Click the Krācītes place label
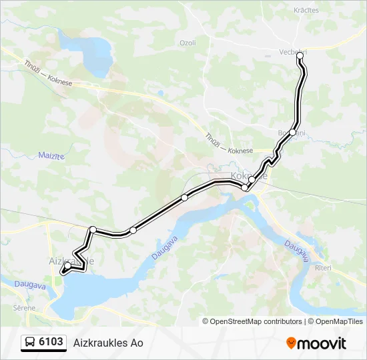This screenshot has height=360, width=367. [x=306, y=10]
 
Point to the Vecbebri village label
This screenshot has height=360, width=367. [x=292, y=51]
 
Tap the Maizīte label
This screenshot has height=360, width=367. [x=32, y=157]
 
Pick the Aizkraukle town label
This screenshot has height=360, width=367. [x=71, y=261]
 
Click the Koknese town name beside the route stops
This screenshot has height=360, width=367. [x=248, y=176]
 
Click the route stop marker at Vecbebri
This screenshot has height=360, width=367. [x=300, y=59]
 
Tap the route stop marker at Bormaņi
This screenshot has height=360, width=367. [x=292, y=133]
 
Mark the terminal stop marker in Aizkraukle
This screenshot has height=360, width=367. [x=67, y=266]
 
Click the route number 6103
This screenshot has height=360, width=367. [x=51, y=342]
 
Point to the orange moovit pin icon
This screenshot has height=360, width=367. [x=290, y=343]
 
